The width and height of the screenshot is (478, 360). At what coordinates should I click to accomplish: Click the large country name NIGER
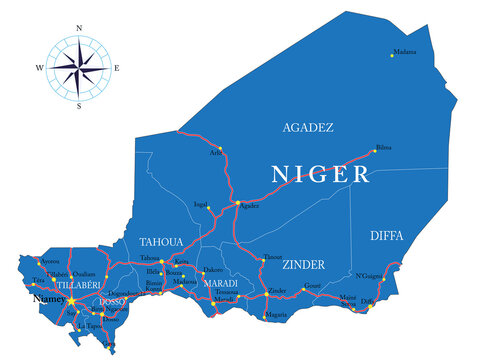[x=320, y=173]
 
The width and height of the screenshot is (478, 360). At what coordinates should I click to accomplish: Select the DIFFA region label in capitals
[x=387, y=235]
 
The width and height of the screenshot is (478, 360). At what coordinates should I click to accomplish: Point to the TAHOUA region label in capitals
[x=159, y=241]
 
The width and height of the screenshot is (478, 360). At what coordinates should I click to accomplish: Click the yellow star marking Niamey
[x=71, y=299]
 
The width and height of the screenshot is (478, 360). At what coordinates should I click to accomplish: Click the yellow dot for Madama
[x=393, y=56]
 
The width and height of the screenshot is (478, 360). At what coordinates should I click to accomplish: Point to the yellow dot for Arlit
[x=220, y=150]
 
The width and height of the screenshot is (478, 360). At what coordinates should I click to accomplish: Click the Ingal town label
[x=201, y=204]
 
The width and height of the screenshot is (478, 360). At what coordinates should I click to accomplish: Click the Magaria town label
[x=275, y=315]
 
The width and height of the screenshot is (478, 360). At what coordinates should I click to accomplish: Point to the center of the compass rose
[x=78, y=68]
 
